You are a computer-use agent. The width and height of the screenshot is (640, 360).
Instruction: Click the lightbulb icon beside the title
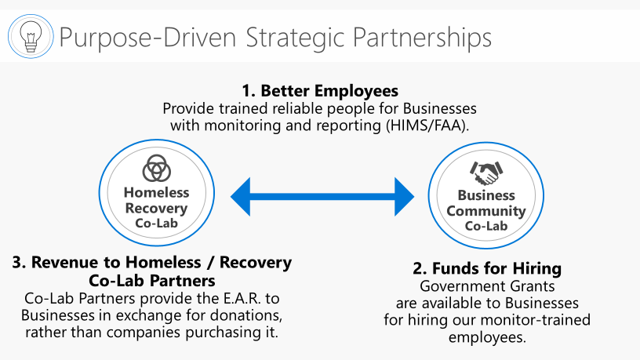coord(31,36)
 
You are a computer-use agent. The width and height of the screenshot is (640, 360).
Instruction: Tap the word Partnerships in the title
coord(422,38)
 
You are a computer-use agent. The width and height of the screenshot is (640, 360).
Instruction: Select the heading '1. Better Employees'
coord(320,91)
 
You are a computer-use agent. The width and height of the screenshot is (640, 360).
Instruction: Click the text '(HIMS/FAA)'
coord(427,125)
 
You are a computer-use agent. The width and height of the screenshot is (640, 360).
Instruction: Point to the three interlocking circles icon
coord(156,168)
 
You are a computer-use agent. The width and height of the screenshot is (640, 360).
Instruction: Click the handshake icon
coord(486,173)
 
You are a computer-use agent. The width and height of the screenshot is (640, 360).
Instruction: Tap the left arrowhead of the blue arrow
coord(241,197)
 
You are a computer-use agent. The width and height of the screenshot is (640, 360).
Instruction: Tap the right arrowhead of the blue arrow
coord(404,197)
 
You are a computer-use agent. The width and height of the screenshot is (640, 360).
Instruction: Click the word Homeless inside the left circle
coord(156,192)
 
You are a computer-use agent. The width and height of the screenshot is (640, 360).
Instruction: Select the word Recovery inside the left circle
coord(156,208)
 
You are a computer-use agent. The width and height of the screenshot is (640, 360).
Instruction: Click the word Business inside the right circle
coord(486,195)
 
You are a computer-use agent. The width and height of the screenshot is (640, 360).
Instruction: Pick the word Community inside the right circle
coord(486,211)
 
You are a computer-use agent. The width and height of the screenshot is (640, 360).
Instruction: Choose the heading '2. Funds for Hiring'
coord(487,268)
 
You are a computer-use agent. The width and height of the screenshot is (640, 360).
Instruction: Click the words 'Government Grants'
coord(487,286)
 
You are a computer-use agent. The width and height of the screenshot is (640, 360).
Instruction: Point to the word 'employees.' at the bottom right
coord(487,337)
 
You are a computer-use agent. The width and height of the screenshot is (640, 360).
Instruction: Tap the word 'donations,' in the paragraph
coord(248,315)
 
